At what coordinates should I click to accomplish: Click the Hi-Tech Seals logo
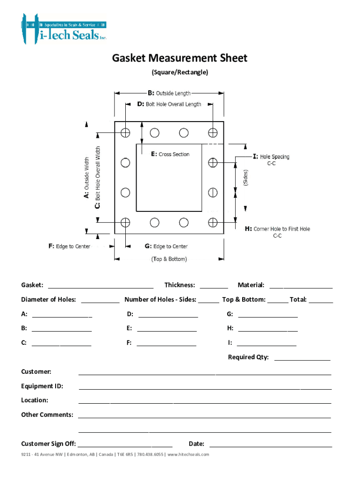pyautogui.click(x=64, y=29)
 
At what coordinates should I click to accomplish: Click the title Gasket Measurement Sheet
pyautogui.click(x=180, y=58)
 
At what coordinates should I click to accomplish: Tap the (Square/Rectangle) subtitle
pyautogui.click(x=180, y=73)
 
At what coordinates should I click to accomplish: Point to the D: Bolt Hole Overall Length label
pyautogui.click(x=169, y=104)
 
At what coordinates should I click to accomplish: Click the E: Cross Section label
pyautogui.click(x=170, y=154)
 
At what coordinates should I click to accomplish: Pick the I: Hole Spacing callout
pyautogui.click(x=271, y=157)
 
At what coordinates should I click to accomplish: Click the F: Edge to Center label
pyautogui.click(x=70, y=246)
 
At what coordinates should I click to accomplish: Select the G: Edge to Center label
pyautogui.click(x=166, y=246)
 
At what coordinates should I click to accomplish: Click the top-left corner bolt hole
pyautogui.click(x=125, y=132)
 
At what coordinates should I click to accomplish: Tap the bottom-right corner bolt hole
pyautogui.click(x=213, y=222)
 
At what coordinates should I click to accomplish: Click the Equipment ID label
pyautogui.click(x=42, y=386)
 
